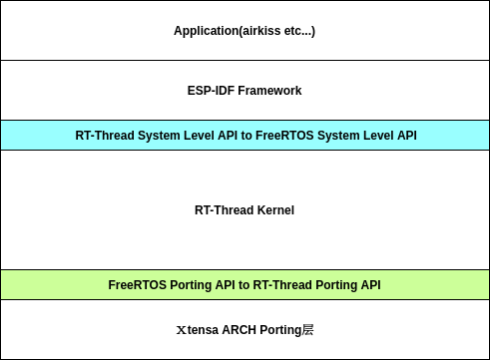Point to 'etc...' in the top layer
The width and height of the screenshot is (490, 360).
298,31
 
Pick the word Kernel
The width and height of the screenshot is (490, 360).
274,210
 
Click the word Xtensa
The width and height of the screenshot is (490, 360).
197,330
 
